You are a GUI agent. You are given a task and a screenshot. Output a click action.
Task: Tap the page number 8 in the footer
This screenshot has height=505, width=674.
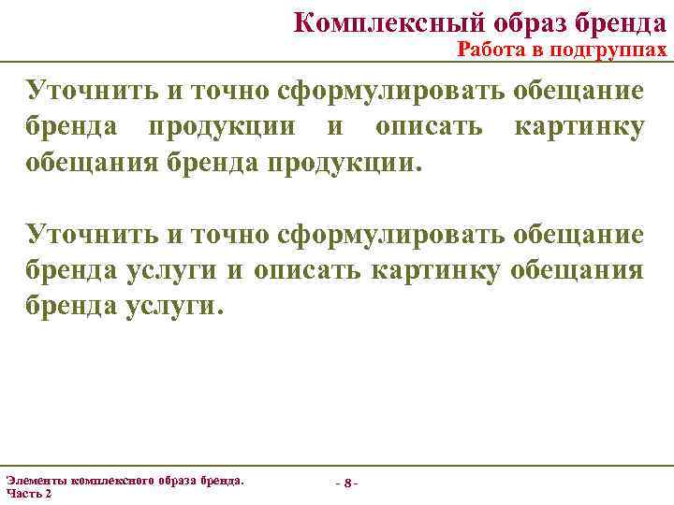click(346, 483)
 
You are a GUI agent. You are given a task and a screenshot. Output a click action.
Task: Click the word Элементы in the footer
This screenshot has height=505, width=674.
click(37, 480)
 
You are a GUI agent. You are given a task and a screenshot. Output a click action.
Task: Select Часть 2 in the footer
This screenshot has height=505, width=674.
click(29, 493)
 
